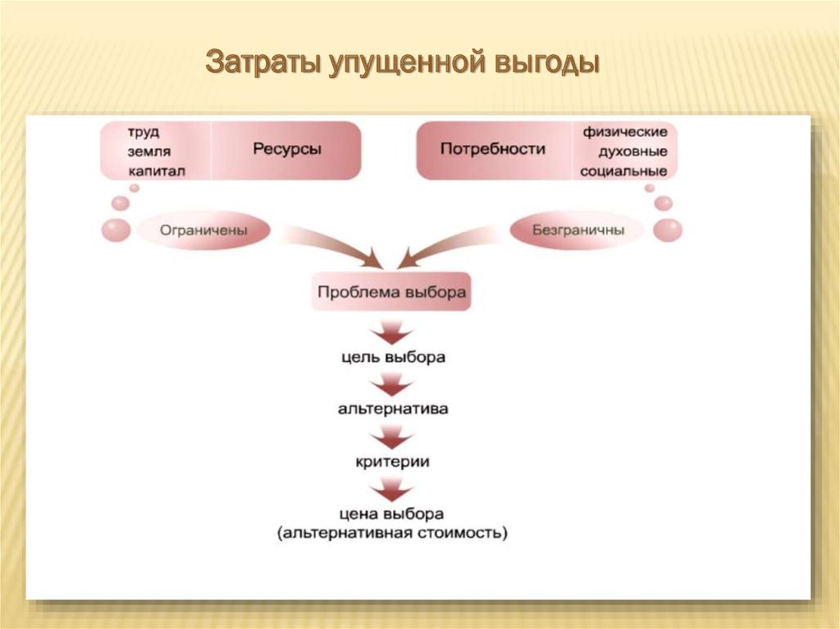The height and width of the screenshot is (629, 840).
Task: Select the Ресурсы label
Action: click(x=287, y=149)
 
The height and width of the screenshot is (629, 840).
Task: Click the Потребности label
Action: click(x=493, y=148)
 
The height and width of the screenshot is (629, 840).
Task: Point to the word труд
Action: click(x=143, y=132)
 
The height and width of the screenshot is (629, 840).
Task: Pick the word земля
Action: click(x=149, y=152)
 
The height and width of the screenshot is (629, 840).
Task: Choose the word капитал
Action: click(x=157, y=171)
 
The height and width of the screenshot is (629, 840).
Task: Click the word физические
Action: click(x=624, y=132)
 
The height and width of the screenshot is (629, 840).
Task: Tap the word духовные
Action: click(x=632, y=152)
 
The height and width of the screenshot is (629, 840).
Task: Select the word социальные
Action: click(x=623, y=171)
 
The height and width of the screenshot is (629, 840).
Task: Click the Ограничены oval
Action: click(x=203, y=230)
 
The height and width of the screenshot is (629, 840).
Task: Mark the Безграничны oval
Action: click(x=577, y=230)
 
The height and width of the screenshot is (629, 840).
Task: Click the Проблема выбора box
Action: click(x=391, y=292)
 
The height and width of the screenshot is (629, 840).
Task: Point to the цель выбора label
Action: click(x=393, y=357)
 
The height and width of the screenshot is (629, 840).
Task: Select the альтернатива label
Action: click(x=393, y=408)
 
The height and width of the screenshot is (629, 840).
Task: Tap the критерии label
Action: click(x=393, y=462)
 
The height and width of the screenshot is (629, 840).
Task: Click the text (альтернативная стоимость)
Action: click(x=392, y=533)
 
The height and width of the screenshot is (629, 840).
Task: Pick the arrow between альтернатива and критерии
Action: click(x=392, y=436)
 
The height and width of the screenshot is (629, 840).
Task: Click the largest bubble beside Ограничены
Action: click(x=116, y=230)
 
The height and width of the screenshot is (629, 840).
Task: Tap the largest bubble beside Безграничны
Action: click(x=668, y=230)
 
